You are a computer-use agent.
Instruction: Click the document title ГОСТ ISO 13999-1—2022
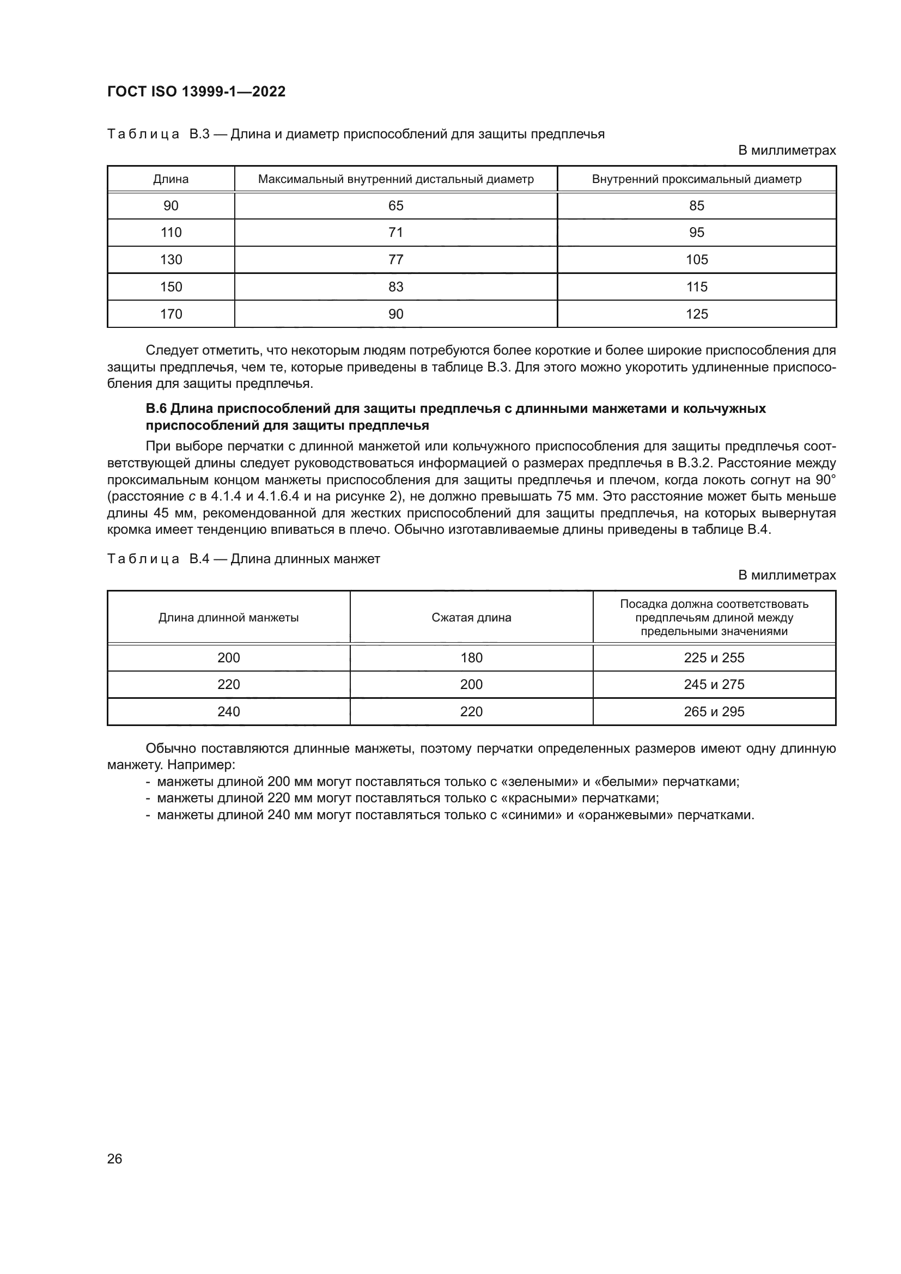[x=197, y=92]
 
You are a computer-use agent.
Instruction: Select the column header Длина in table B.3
[x=171, y=179]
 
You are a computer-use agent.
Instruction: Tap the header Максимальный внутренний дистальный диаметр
[x=395, y=179]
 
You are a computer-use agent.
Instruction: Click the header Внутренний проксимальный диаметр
[x=696, y=179]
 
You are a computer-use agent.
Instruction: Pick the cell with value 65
[x=395, y=206]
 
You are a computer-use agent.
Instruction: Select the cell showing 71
[x=395, y=233]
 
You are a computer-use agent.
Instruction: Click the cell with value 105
[x=696, y=260]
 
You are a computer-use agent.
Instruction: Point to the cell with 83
[x=395, y=287]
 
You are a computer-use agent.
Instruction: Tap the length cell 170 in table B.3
[x=171, y=314]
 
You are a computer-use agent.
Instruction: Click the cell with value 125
[x=696, y=314]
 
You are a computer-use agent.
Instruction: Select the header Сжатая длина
[x=471, y=618]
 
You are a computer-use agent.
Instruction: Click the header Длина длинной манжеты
[x=229, y=618]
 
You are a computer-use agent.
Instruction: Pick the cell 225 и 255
[x=714, y=657]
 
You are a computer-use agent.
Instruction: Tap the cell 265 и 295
[x=714, y=711]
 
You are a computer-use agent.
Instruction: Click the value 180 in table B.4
[x=471, y=657]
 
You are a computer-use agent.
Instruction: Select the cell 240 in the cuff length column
[x=229, y=711]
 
